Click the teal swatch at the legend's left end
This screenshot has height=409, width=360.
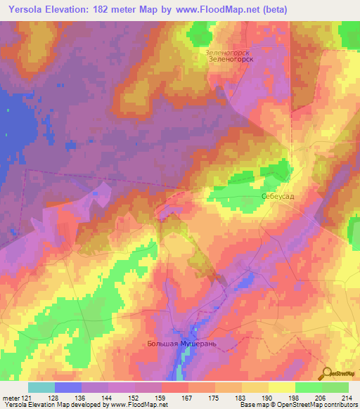coord(41,387)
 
